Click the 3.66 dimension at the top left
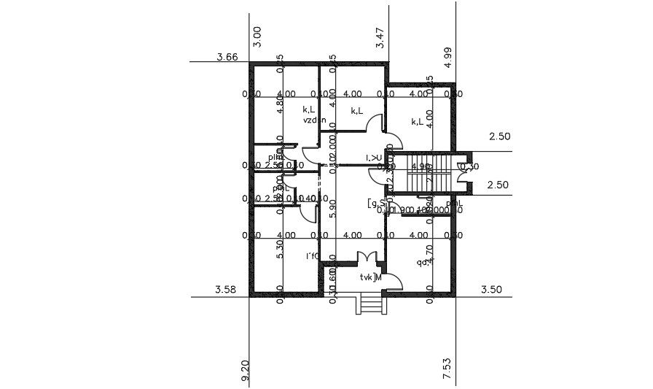[x=227, y=57]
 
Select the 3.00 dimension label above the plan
[x=257, y=36]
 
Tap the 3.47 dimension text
[x=380, y=37]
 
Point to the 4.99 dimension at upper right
[x=448, y=57]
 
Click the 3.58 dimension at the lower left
[x=226, y=290]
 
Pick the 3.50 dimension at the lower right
[x=492, y=290]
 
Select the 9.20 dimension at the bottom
[x=245, y=371]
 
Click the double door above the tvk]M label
[x=367, y=258]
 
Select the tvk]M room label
[x=371, y=277]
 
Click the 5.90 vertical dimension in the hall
[x=333, y=208]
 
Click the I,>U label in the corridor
[x=374, y=158]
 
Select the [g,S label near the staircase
[x=376, y=203]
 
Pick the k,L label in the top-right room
[x=418, y=122]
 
